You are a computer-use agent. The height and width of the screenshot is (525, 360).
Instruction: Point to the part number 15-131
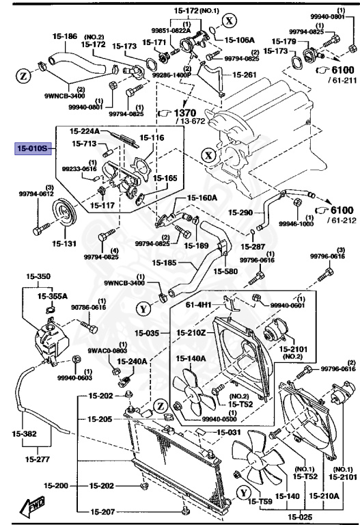coord(47,242)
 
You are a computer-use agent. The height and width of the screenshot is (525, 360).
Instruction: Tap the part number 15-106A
coord(239,40)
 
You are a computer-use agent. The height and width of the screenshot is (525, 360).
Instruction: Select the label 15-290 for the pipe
coord(240,213)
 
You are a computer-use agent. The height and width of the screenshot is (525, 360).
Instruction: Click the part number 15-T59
coord(254,501)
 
